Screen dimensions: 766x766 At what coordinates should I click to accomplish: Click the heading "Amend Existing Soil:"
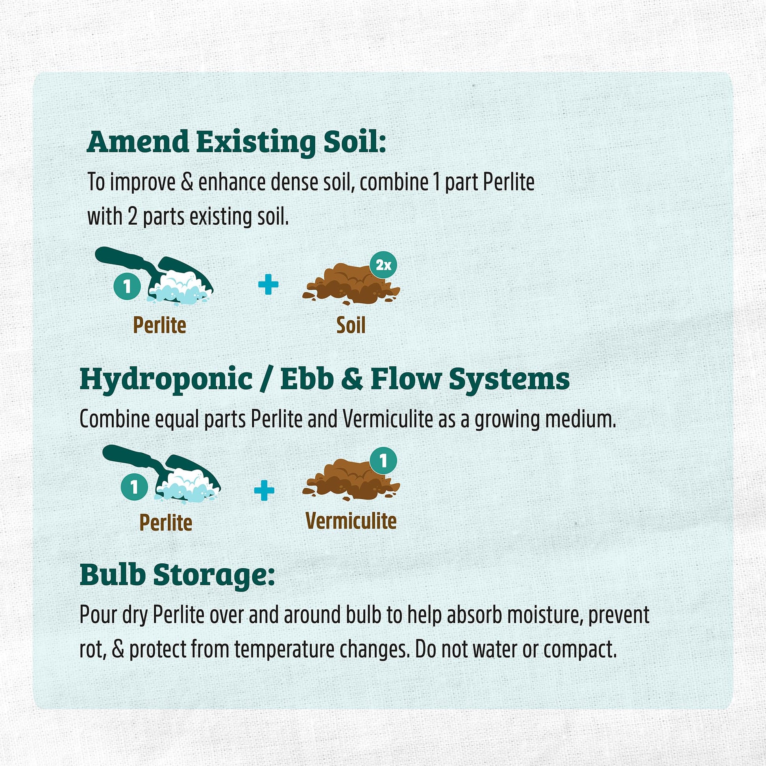(236, 142)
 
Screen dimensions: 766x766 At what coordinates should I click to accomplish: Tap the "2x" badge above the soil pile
(383, 265)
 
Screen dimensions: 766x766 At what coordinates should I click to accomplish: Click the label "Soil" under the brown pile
(350, 325)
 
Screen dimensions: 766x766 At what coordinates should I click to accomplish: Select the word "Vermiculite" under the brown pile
(351, 521)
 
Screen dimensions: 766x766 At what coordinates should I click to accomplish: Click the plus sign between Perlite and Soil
(268, 284)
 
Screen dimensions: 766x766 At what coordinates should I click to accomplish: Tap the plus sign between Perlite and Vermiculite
(264, 490)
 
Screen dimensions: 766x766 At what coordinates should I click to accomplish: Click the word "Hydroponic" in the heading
(166, 379)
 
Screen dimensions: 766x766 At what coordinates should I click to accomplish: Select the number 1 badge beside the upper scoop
(127, 286)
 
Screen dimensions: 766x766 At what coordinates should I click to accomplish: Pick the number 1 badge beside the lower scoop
(134, 487)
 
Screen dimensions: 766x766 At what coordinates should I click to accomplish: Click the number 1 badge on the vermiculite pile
(383, 461)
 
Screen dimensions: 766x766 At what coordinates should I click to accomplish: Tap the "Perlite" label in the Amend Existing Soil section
(159, 325)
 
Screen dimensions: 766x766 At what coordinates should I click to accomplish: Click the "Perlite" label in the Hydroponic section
(166, 523)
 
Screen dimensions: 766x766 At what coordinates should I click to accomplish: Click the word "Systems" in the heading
(509, 379)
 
